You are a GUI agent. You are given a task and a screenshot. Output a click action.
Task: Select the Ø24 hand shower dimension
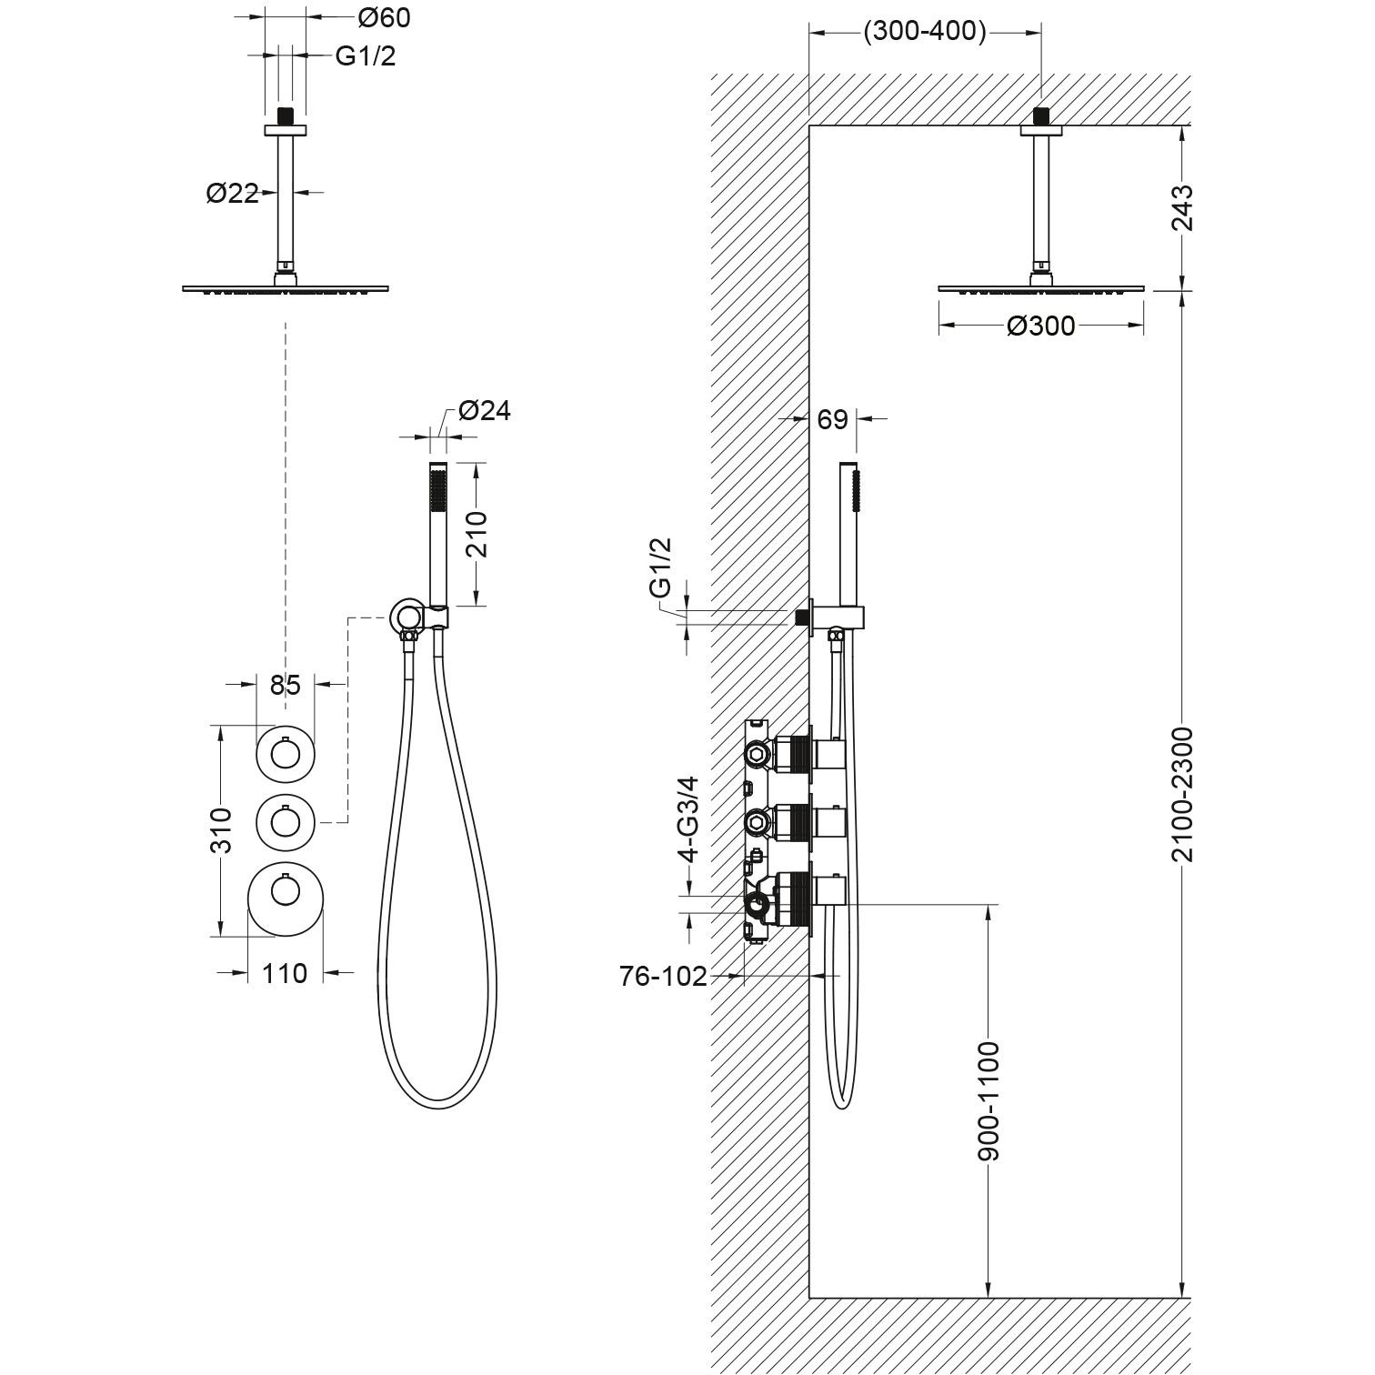point(485,411)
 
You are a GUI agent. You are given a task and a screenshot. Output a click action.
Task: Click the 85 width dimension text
point(285,684)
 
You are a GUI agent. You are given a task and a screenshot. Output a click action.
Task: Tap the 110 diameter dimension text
point(286,973)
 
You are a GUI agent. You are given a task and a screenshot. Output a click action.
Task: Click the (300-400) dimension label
point(925,32)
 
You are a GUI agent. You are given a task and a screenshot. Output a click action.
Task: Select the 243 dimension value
point(1181,208)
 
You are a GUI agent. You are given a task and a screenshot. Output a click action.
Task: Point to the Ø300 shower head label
point(1040,326)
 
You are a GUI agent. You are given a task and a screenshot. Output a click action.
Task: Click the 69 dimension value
point(833,419)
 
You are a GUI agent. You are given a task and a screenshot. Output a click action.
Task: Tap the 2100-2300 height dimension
point(1181,794)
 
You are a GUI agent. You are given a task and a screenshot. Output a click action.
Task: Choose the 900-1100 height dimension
point(989,1099)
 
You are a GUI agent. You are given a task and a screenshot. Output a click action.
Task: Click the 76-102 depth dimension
point(663,977)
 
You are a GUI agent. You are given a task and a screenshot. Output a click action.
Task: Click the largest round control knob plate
point(286,898)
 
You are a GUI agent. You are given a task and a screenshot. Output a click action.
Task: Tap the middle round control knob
point(286,822)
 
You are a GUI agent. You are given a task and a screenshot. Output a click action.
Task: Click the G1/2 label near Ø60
point(366,56)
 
